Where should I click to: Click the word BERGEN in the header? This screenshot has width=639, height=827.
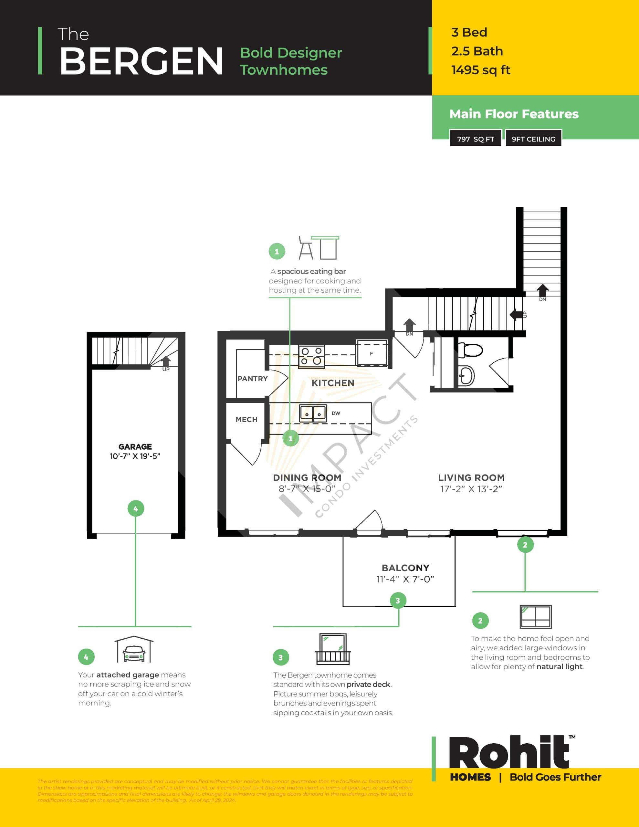[141, 61]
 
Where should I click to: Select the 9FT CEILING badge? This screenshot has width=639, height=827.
[533, 139]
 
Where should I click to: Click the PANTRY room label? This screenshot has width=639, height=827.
[252, 379]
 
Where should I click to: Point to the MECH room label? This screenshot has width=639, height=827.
[246, 420]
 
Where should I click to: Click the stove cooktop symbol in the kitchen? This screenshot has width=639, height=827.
[311, 356]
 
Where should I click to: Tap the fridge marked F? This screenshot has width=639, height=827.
[372, 353]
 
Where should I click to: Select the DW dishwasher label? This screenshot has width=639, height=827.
[336, 413]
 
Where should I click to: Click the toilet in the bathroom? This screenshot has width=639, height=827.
[470, 350]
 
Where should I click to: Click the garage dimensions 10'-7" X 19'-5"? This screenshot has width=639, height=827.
[135, 456]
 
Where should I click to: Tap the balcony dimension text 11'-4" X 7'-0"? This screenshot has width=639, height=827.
[405, 579]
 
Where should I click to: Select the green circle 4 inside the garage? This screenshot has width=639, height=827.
[136, 508]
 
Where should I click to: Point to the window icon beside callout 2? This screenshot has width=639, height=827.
[535, 617]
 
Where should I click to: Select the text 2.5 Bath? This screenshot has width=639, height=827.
[477, 51]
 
